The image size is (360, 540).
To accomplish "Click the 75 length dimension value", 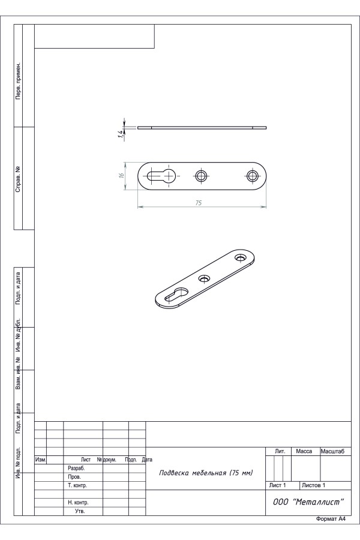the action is point(199,203).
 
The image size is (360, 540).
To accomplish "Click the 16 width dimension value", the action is point(121,175).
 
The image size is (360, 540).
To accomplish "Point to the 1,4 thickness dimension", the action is point(120,134).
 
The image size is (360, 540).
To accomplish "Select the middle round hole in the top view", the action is point(201,176).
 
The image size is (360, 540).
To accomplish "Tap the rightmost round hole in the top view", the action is point(252,176).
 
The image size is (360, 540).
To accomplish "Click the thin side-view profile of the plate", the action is point(202,127).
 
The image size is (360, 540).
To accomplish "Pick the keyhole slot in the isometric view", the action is point(176,295).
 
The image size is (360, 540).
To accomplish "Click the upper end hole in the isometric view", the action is point(240,257).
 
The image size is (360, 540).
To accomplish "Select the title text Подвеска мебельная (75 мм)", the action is point(206,473).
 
